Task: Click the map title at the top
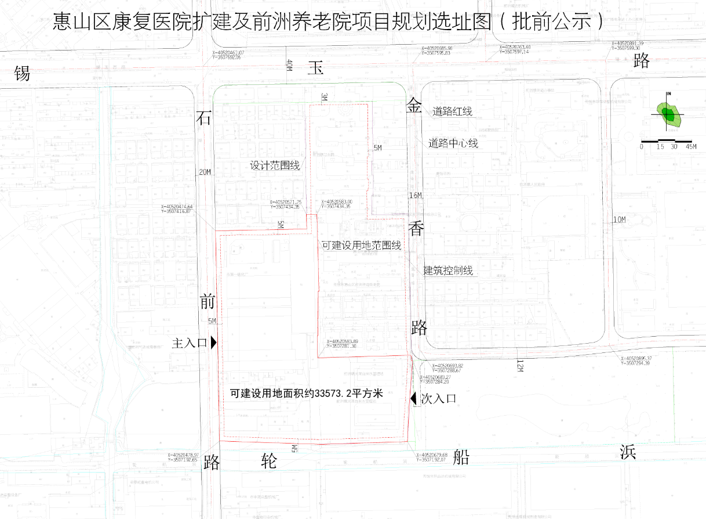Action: point(328,21)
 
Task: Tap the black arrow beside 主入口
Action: point(214,343)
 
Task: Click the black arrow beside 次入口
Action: point(413,399)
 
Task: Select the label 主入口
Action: point(190,343)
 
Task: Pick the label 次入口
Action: point(438,399)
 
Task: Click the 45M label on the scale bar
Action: point(691,147)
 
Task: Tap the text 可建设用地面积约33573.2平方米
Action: point(307,393)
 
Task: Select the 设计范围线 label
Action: point(275,165)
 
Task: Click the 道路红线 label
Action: point(452,111)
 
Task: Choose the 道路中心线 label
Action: point(453,143)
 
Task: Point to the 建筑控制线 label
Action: point(448,270)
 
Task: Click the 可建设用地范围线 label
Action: point(362,246)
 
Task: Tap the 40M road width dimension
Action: point(288,65)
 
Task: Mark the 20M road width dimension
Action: point(205,172)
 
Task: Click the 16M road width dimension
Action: point(416,194)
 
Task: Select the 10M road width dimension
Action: point(620,219)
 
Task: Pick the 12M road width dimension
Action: point(519,365)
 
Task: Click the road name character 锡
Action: point(22,74)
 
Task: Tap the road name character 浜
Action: point(628,452)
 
